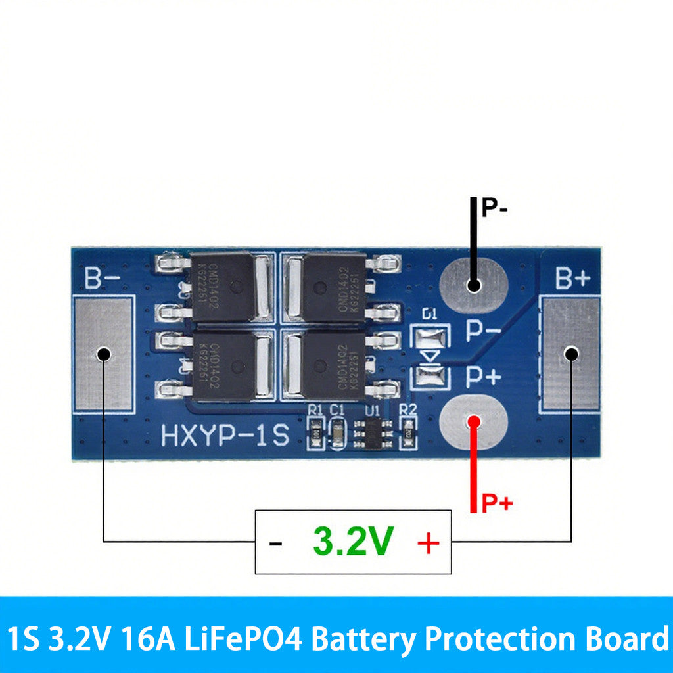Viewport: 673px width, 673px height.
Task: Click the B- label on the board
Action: (x=102, y=279)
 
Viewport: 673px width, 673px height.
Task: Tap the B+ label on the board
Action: (x=573, y=279)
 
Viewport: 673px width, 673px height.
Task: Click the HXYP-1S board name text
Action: (x=225, y=436)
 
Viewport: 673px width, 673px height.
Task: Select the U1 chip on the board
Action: (x=372, y=434)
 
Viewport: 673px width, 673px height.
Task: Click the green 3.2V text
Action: (x=353, y=542)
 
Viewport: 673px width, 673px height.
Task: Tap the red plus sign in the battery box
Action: (x=428, y=543)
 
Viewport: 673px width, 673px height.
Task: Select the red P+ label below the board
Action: (x=497, y=504)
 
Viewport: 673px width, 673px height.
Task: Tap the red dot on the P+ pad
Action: (x=473, y=422)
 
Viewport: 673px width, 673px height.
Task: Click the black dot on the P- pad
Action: (x=473, y=285)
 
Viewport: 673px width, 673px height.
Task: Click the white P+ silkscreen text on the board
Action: (x=484, y=377)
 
